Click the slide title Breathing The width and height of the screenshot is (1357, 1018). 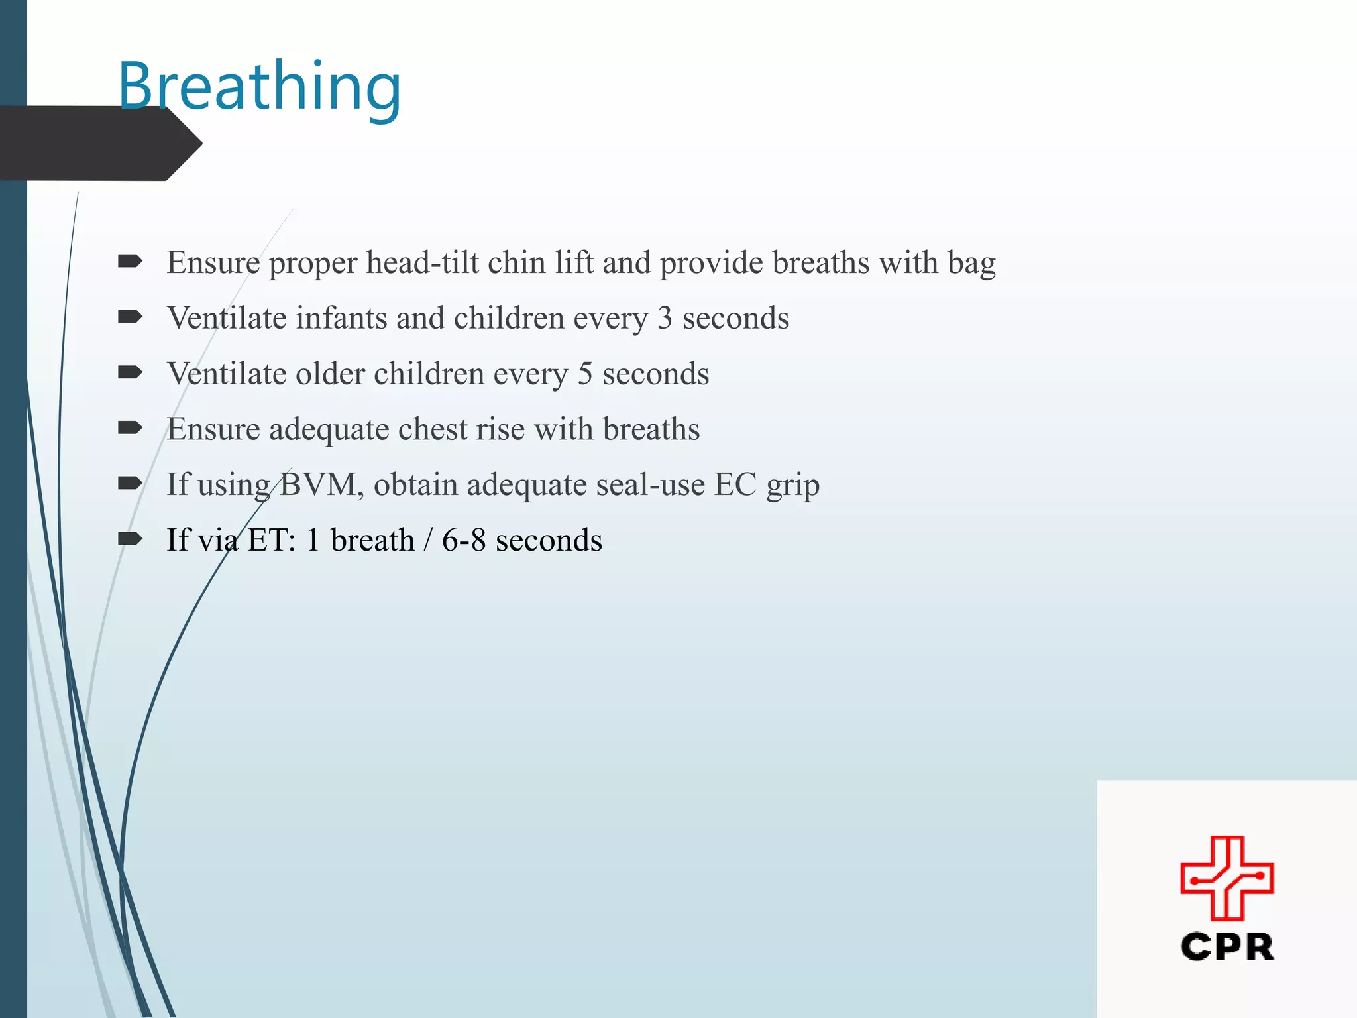(x=260, y=87)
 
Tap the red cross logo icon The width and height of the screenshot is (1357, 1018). (x=1226, y=878)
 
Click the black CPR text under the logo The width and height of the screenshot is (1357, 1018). (x=1226, y=947)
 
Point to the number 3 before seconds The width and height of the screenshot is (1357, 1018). (x=665, y=319)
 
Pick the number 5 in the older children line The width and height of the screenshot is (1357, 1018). (x=584, y=374)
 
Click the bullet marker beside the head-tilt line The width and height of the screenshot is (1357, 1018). (x=130, y=262)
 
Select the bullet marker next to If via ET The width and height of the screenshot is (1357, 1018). (x=130, y=539)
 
